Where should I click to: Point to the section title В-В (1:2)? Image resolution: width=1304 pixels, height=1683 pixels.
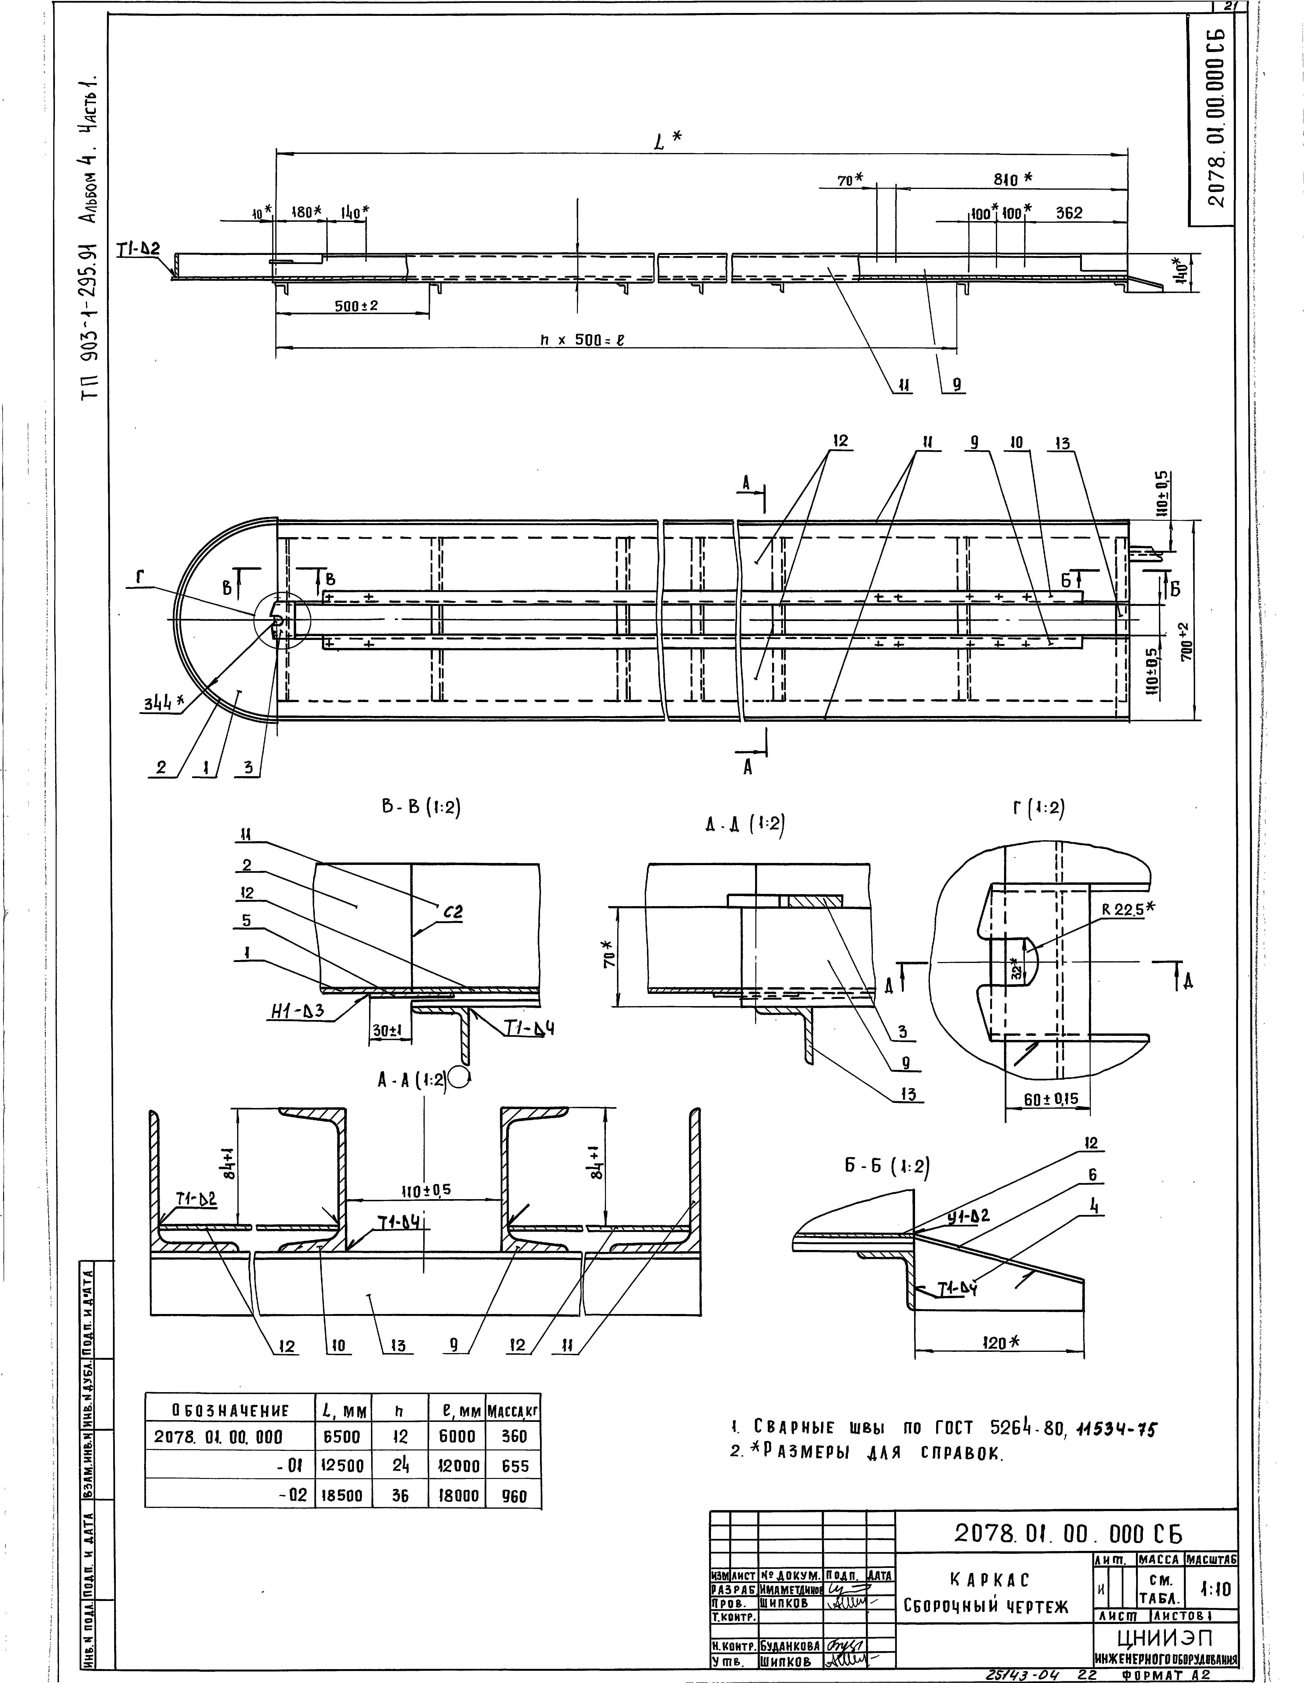[x=416, y=808]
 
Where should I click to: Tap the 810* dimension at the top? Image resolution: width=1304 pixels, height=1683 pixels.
[x=1012, y=179]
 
